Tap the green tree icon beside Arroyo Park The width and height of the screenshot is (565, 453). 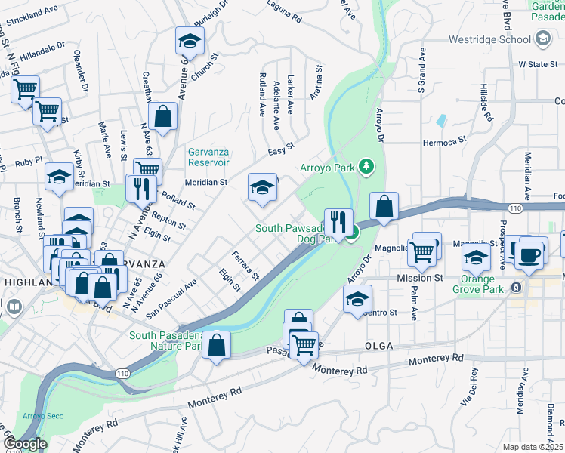pos(367,165)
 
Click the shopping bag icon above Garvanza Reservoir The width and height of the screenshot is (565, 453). pos(162,117)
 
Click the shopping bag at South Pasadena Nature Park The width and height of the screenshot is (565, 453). pos(216,345)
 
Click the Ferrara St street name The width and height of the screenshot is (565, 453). pos(245,263)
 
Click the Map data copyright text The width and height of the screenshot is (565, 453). pos(533,447)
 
